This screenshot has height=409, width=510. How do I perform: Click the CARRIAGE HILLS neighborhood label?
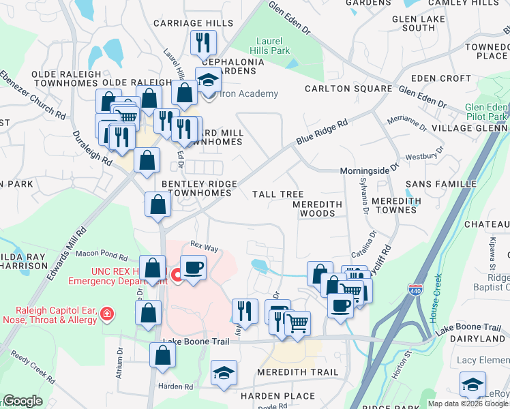(x=193, y=23)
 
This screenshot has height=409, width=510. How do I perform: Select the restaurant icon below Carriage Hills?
(x=202, y=44)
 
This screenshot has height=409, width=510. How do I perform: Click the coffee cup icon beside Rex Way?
(x=193, y=267)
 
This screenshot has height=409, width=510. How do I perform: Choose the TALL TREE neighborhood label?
(x=278, y=194)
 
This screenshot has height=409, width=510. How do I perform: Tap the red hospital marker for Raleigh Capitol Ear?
(x=106, y=314)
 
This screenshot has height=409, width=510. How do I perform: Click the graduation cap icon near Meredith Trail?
(x=223, y=373)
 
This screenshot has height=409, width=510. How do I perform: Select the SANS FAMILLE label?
(x=441, y=184)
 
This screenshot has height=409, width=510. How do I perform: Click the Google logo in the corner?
(x=22, y=401)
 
